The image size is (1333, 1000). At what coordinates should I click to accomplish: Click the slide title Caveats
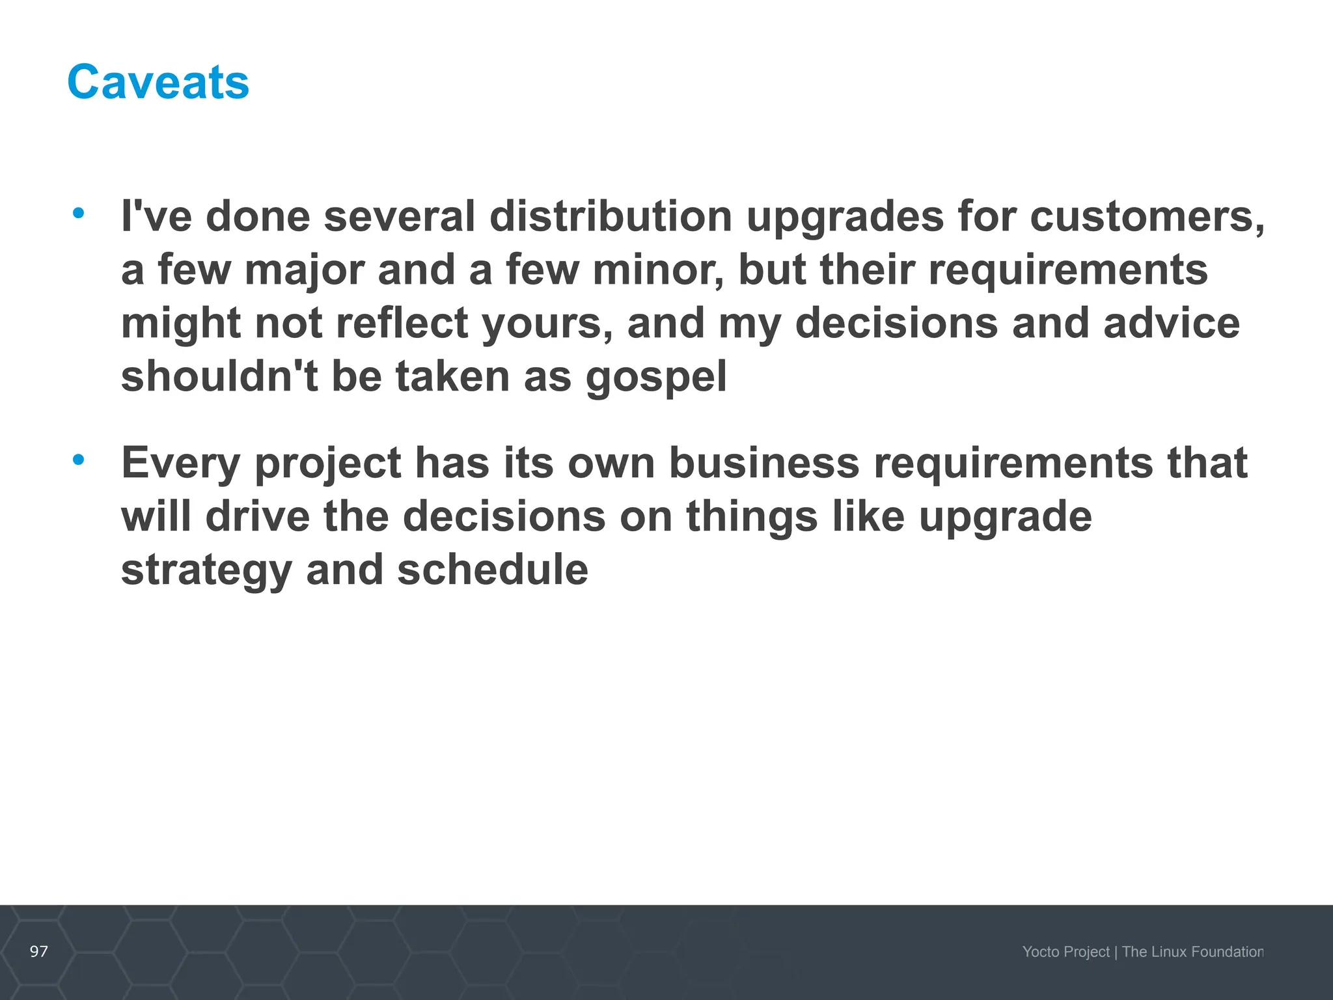[x=158, y=82]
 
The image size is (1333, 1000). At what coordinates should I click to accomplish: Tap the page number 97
[x=39, y=951]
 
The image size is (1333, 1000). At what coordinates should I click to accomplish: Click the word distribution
[x=611, y=216]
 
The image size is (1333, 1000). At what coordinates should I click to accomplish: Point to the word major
[x=304, y=270]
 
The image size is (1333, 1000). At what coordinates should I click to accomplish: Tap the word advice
[x=1172, y=324]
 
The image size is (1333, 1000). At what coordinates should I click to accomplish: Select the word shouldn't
[x=219, y=377]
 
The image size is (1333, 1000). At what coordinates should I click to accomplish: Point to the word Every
[x=180, y=464]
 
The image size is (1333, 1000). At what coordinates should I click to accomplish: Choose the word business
[x=764, y=464]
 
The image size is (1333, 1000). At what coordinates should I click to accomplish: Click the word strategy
[x=206, y=571]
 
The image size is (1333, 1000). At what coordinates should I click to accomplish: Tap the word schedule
[x=493, y=570]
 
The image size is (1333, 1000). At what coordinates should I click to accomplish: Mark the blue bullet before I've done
[x=79, y=213]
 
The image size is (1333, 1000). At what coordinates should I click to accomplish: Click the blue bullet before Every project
[x=79, y=460]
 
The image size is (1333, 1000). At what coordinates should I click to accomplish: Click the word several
[x=399, y=216]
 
